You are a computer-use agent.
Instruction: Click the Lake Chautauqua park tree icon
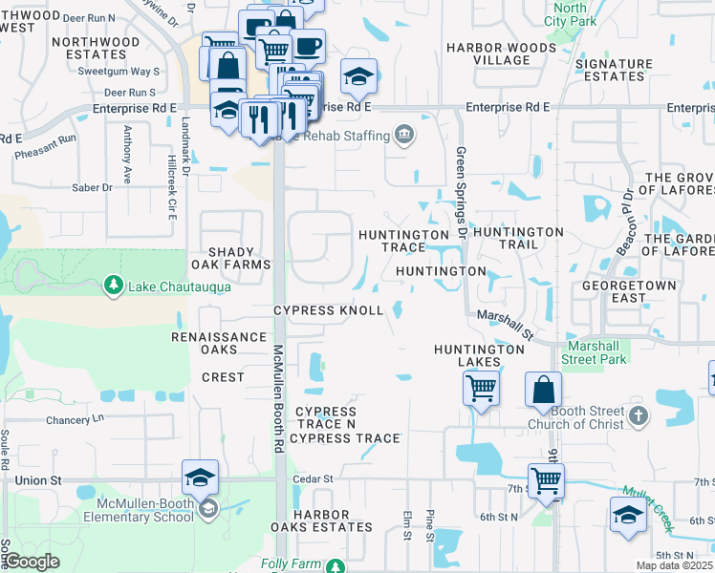click(x=113, y=286)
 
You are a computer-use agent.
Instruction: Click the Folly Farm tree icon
click(x=335, y=566)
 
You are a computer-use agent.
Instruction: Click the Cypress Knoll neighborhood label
click(x=329, y=311)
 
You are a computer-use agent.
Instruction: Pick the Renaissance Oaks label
click(x=219, y=343)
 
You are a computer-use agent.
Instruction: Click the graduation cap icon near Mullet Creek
click(x=627, y=516)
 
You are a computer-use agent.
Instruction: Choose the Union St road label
click(x=37, y=479)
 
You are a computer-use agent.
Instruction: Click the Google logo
click(x=32, y=562)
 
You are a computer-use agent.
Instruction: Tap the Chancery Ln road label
click(x=74, y=418)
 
